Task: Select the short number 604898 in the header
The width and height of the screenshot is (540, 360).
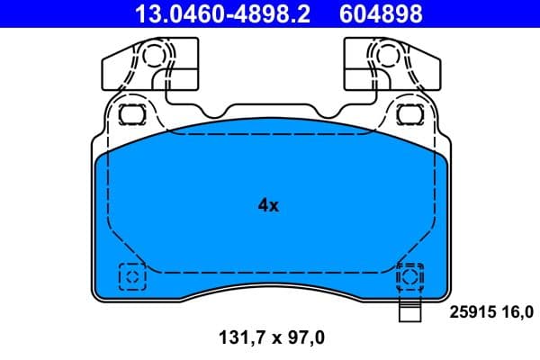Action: click(381, 13)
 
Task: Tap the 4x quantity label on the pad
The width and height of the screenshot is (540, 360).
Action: click(268, 205)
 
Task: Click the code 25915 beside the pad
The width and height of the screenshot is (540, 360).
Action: click(470, 313)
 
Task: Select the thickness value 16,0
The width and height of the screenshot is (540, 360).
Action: click(516, 313)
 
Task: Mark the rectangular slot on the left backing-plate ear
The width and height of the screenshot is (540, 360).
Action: click(132, 114)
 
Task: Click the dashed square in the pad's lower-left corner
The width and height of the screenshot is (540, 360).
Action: click(132, 275)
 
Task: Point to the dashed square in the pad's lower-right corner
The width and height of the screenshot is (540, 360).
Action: click(410, 275)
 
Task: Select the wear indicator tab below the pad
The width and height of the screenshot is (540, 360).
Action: click(409, 313)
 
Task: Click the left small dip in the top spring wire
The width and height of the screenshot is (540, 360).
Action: click(213, 112)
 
